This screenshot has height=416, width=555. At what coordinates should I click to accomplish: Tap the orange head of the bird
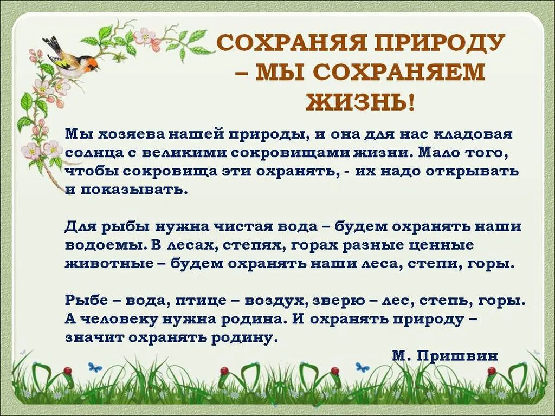(93, 64)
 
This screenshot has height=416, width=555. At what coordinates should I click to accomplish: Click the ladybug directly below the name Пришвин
(492, 371)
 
